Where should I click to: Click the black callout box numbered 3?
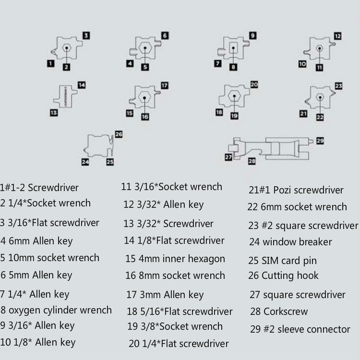pos(85,35)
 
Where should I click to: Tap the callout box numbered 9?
pos(252,35)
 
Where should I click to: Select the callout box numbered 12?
pos(337,36)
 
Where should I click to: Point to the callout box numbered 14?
pos(82,85)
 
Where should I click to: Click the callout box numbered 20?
pos(254,84)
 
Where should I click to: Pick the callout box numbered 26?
pos(119,134)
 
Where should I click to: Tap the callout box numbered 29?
pos(320,141)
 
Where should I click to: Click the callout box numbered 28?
pos(252,161)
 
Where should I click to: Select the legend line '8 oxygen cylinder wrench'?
pos(56,310)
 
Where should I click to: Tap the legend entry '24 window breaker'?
pos(290,242)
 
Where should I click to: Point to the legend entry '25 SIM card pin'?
pos(283,261)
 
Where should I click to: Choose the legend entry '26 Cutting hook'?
pos(284,276)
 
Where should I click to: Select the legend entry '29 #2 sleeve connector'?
pos(300,329)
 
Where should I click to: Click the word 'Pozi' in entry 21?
pos(282,190)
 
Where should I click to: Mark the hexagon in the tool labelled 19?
pos(233,96)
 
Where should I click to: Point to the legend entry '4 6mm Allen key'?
pos(37,241)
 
